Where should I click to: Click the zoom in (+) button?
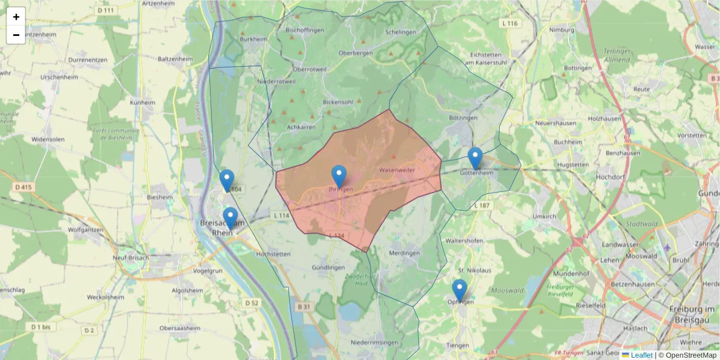point(16,17)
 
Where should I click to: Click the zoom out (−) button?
point(16,35)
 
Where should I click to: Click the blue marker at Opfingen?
point(460,290)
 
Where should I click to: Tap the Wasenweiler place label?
point(397,170)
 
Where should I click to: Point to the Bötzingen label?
point(463,118)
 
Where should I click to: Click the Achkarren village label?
point(301,127)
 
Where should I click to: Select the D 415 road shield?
point(23,188)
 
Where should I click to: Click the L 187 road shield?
point(482,205)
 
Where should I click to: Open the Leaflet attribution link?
point(641,355)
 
